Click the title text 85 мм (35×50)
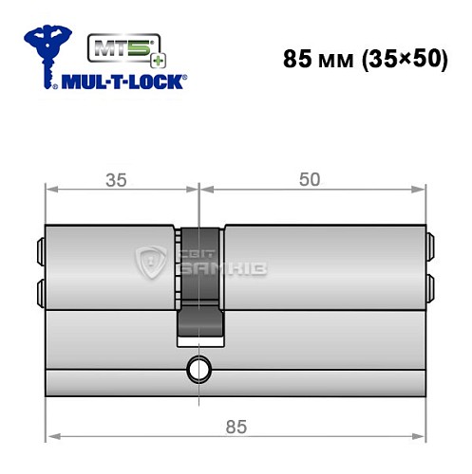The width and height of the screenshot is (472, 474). coord(365,59)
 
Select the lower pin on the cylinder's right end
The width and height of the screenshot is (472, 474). coord(431,286)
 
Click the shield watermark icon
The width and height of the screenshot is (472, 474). coord(153,264)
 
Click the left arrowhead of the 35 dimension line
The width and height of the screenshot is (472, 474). coord(51,189)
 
